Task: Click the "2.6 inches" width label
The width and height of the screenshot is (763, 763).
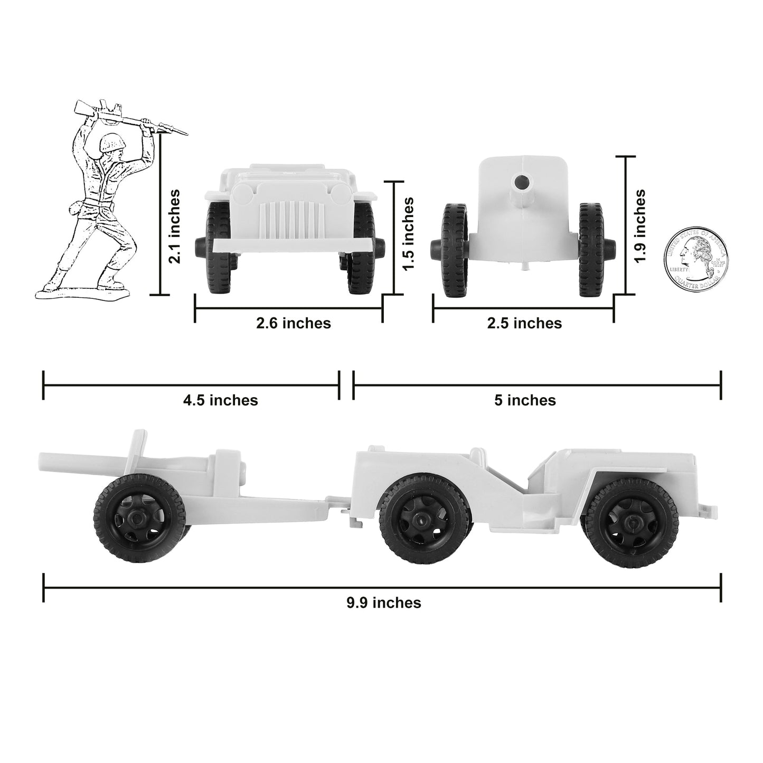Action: pyautogui.click(x=293, y=323)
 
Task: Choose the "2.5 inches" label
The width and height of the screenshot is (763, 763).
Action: pyautogui.click(x=524, y=323)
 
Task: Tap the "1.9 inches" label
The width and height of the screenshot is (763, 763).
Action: pyautogui.click(x=639, y=227)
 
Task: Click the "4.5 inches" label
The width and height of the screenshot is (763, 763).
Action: pyautogui.click(x=220, y=400)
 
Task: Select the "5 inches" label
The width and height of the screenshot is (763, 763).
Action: pyautogui.click(x=525, y=400)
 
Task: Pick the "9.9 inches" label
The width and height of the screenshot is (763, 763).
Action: pyautogui.click(x=383, y=602)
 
